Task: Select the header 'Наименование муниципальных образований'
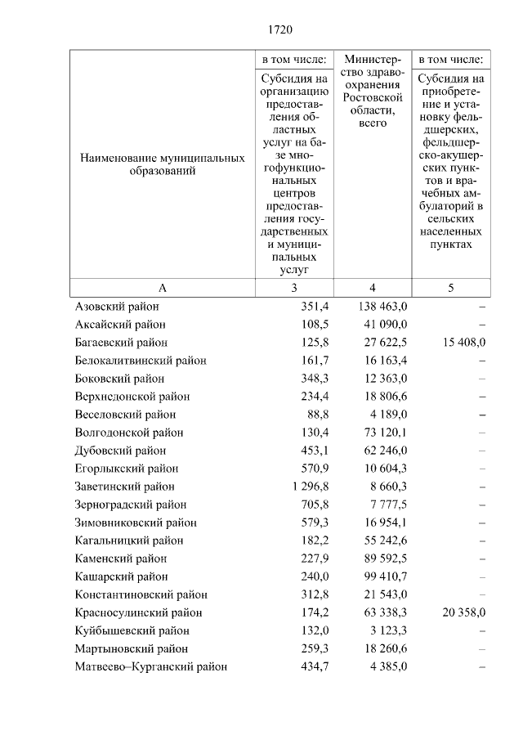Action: pos(163,164)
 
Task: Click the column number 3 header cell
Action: pos(294,288)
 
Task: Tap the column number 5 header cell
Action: pos(451,288)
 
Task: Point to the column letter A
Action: pos(163,288)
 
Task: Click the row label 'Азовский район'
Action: pos(117,307)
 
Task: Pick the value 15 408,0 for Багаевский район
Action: pos(463,343)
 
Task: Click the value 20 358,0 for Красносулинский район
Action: pos(463,612)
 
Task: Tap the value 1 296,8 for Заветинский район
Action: pos(305,487)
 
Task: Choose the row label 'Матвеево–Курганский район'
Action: pos(150,666)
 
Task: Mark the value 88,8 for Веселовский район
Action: pos(315,415)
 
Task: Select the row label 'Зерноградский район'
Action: pos(130,505)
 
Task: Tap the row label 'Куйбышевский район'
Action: pos(132,630)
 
